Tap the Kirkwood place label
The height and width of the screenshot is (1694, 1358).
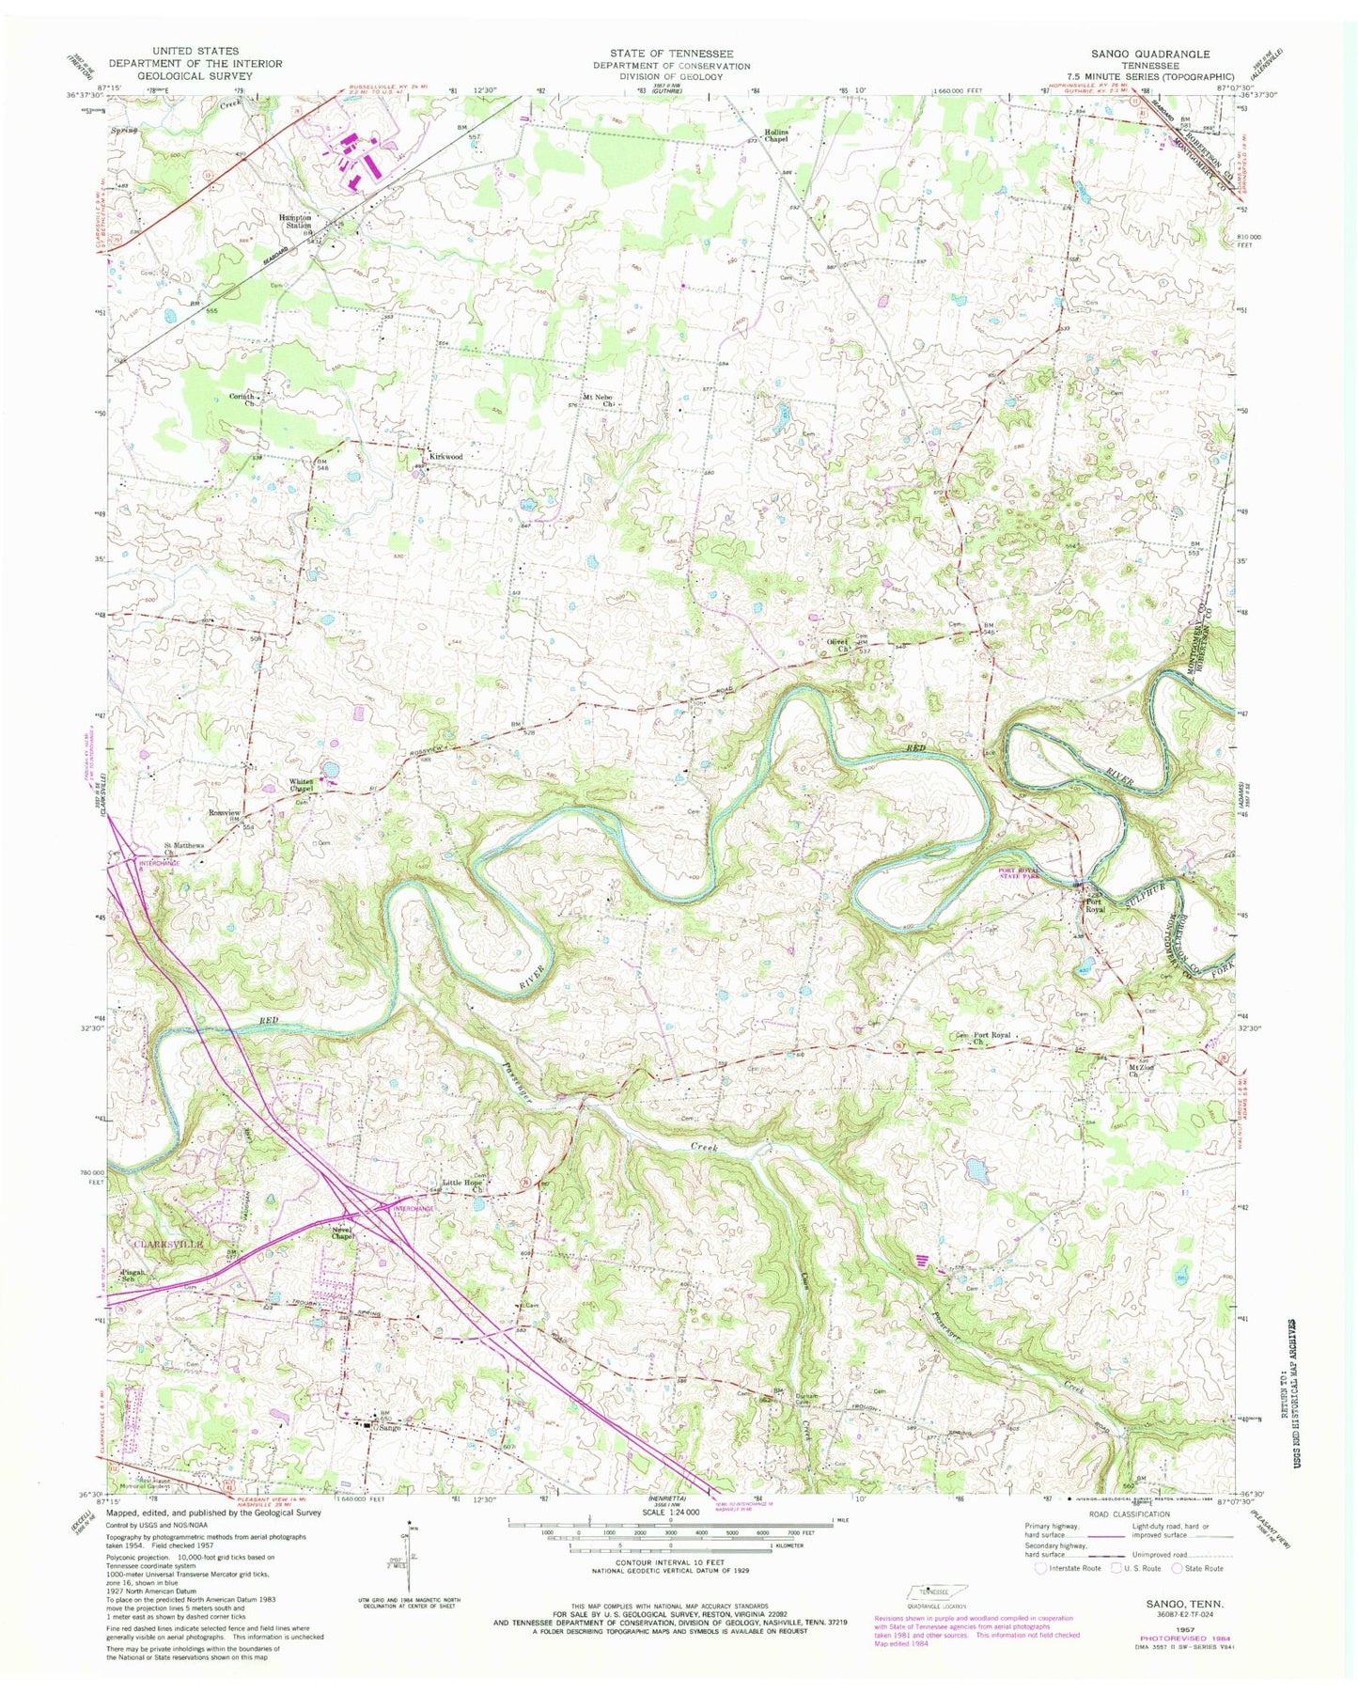point(445,457)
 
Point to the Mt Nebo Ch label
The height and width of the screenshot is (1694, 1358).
point(598,400)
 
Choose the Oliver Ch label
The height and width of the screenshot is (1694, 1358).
point(837,645)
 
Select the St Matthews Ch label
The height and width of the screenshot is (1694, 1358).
point(184,848)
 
